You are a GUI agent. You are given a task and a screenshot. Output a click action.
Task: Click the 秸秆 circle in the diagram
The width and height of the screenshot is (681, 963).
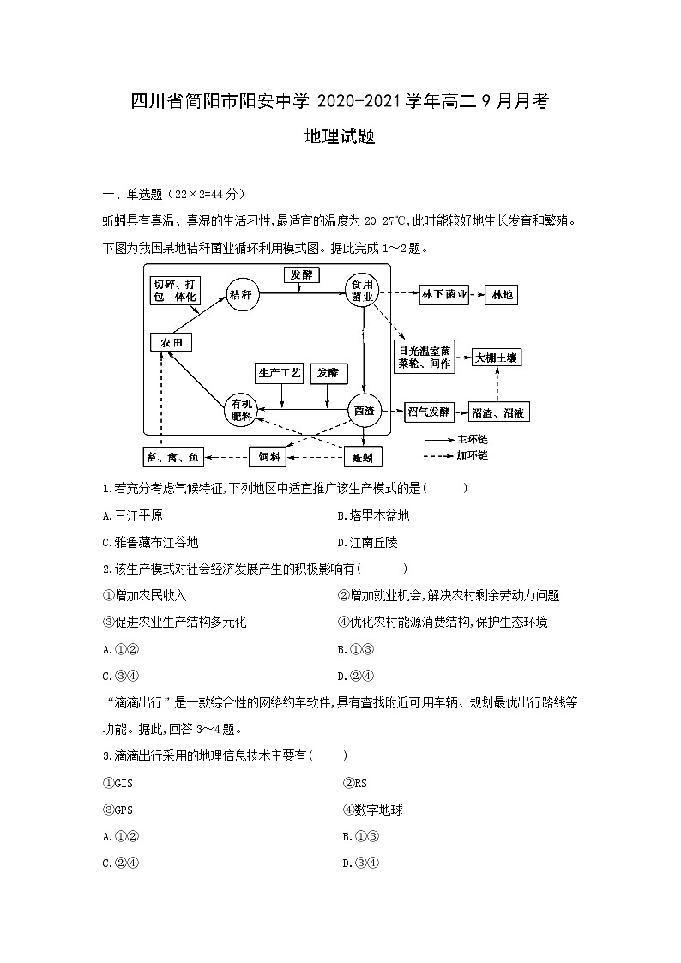click(241, 295)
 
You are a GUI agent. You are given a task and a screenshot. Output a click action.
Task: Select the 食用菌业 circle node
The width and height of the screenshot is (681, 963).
click(362, 291)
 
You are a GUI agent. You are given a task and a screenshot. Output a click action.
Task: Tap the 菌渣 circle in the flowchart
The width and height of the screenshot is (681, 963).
click(364, 411)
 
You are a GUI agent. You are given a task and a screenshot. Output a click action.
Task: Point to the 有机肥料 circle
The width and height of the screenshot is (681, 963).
click(241, 411)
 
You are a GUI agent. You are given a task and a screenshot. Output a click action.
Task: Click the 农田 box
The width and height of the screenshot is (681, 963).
click(171, 342)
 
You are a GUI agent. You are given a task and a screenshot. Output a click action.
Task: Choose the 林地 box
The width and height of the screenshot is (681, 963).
click(501, 295)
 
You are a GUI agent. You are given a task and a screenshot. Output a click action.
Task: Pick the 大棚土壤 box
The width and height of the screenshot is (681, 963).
click(497, 358)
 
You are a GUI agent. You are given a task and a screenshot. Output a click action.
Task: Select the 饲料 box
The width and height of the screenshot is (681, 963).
click(269, 457)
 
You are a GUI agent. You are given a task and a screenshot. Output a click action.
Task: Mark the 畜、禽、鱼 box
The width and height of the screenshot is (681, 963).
click(173, 457)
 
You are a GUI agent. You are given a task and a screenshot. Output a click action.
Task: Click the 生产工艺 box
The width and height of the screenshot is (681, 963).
click(280, 372)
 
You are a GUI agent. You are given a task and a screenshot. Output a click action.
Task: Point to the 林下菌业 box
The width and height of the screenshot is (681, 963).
click(444, 295)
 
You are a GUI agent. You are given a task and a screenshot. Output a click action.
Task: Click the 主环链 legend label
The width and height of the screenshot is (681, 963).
click(473, 439)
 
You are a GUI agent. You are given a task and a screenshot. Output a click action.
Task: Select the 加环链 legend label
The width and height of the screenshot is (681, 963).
click(473, 455)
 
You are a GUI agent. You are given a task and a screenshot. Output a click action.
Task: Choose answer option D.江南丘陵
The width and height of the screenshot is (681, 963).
click(368, 543)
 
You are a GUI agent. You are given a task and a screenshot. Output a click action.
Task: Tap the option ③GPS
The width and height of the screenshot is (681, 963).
click(118, 810)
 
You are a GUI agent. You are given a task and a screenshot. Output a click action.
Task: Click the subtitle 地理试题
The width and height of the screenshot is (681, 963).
click(340, 137)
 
